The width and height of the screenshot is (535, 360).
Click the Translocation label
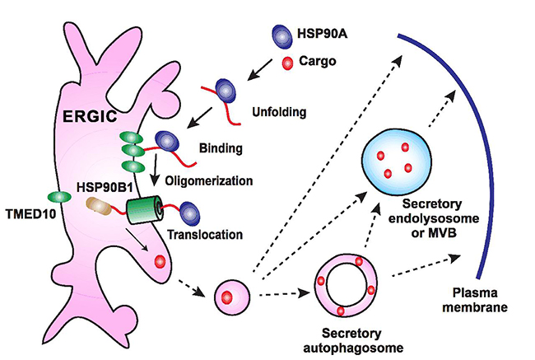(x=207, y=235)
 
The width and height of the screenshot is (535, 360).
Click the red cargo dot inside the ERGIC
(x=159, y=261)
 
